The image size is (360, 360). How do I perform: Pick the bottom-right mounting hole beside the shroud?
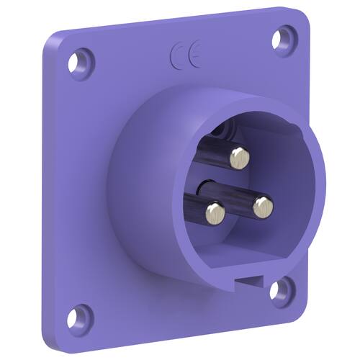coord(276,291)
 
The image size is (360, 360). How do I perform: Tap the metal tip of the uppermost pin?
coord(240,158)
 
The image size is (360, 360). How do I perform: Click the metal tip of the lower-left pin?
coord(216,213)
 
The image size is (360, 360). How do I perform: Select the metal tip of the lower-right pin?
coord(263,207)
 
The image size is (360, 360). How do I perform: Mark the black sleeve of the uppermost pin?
coord(214,150)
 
